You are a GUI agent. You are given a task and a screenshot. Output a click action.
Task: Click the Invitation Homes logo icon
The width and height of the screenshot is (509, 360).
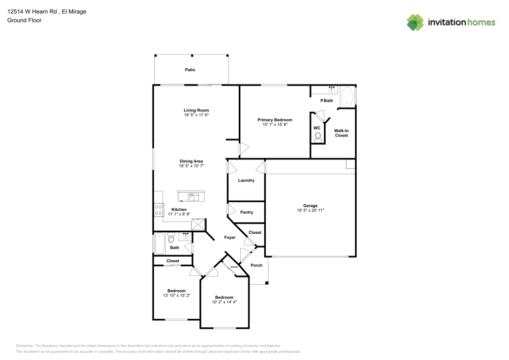(x=415, y=22)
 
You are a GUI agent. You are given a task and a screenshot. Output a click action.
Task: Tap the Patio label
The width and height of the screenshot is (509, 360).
(x=190, y=70)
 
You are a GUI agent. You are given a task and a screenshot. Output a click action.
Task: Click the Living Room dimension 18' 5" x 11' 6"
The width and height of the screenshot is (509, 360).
(x=196, y=115)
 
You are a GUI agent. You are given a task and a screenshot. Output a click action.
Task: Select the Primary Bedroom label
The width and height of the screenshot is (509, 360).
(x=278, y=120)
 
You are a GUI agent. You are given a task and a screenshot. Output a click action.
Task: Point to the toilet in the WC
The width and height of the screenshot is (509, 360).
(x=318, y=136)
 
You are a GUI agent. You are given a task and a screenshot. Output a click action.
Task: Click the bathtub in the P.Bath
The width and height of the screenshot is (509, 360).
(x=347, y=97)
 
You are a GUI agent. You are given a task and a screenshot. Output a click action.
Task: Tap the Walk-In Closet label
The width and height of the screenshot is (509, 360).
(x=341, y=133)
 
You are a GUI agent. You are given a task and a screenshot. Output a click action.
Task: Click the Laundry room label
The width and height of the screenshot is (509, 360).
(x=246, y=180)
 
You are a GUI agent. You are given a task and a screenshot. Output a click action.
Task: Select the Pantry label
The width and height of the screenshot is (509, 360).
(x=246, y=212)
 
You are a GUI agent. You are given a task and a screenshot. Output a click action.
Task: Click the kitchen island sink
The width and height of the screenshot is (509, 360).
(x=191, y=196)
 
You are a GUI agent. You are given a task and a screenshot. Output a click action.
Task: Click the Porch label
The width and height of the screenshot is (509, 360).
(x=257, y=265)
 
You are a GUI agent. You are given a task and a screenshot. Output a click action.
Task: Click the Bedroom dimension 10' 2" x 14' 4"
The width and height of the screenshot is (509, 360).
(x=224, y=302)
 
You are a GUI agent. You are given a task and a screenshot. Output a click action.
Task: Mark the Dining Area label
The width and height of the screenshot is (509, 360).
(x=191, y=161)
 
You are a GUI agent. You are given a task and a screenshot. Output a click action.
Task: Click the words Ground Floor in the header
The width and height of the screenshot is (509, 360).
(x=24, y=20)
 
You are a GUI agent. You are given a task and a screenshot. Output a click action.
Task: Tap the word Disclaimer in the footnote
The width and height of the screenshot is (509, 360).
(x=24, y=346)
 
